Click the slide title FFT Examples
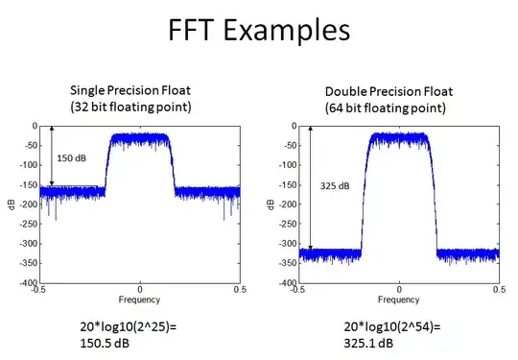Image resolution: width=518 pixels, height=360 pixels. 259,32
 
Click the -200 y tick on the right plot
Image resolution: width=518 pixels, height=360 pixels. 285,204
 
